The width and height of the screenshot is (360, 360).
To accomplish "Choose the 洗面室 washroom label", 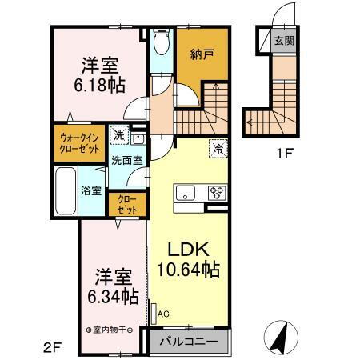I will pos(127,160).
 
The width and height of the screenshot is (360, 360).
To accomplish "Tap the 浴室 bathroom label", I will pos(90,190).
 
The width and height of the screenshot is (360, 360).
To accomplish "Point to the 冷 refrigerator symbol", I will pos(218,146).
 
